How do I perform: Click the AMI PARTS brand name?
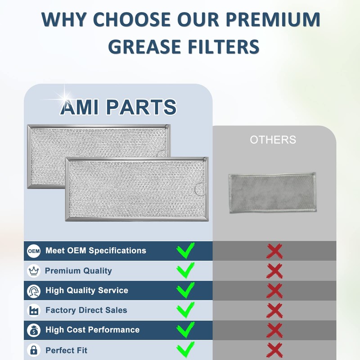(x=118, y=107)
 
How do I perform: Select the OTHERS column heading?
(x=273, y=140)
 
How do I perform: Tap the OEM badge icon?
(x=34, y=251)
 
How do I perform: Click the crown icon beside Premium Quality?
(x=34, y=271)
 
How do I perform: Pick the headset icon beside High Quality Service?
(x=34, y=291)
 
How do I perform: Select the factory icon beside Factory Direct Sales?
(x=34, y=310)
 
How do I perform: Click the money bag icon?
(x=34, y=330)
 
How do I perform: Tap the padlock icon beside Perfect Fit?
(x=34, y=350)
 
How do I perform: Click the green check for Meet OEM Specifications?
(x=185, y=250)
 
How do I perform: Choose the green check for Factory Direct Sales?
(x=185, y=310)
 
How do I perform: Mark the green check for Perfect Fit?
(x=185, y=349)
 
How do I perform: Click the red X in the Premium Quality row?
(x=274, y=271)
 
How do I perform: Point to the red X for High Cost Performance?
(x=274, y=330)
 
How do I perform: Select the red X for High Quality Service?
(x=274, y=291)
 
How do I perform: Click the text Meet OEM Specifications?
(x=95, y=251)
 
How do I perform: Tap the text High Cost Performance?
(x=92, y=330)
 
